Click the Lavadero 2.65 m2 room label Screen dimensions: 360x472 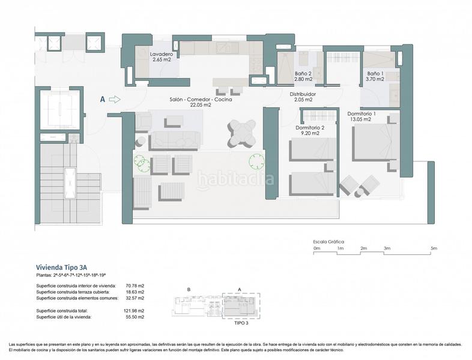[161, 57]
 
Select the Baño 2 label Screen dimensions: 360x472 [303, 76]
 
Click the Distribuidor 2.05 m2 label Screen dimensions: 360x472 [303, 97]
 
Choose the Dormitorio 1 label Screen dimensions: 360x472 [362, 116]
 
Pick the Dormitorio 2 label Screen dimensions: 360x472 [310, 130]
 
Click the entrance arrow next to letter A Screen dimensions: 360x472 [115, 100]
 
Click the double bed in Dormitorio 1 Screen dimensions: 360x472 [375, 142]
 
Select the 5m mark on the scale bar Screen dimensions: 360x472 [434, 248]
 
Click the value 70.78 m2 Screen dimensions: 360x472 [135, 286]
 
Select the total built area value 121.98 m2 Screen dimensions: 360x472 [134, 310]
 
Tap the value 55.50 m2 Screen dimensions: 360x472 [135, 316]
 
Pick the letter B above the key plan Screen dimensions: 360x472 [189, 289]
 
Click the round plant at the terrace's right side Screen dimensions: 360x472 [256, 161]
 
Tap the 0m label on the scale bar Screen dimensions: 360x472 [317, 248]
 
